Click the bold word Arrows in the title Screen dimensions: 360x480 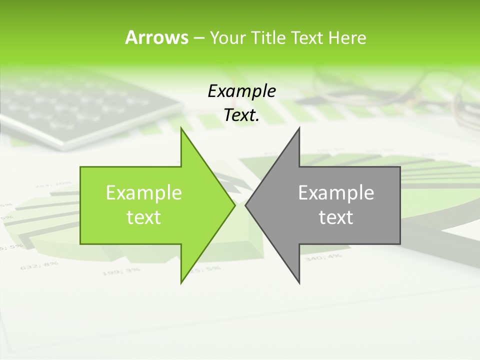point(156,37)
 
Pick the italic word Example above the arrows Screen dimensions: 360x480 point(241,91)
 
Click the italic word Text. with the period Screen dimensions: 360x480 point(241,115)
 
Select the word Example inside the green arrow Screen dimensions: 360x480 point(143,193)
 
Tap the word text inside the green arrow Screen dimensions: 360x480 point(143,217)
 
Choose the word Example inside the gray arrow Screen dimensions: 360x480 point(336,193)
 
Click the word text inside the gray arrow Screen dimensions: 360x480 point(336,217)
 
